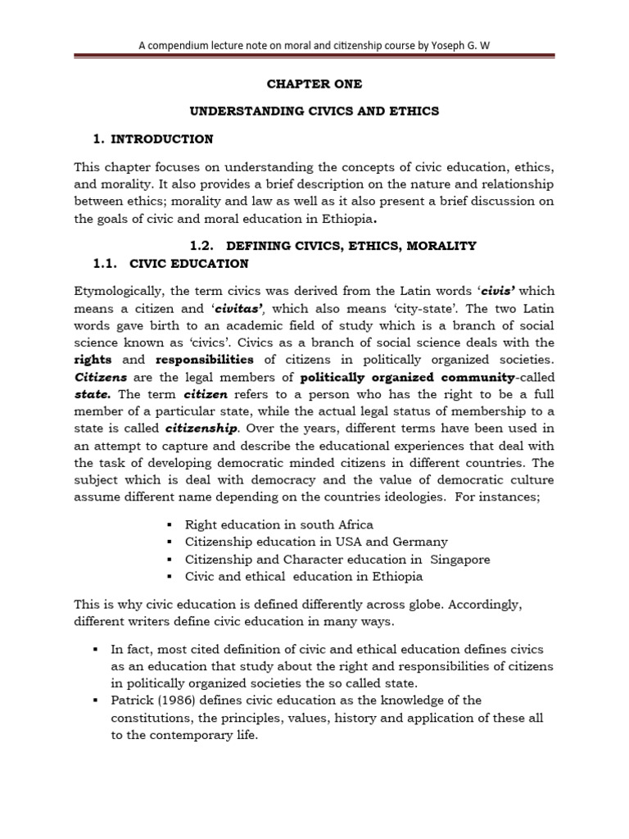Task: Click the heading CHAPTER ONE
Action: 315,84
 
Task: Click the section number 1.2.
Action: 201,246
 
